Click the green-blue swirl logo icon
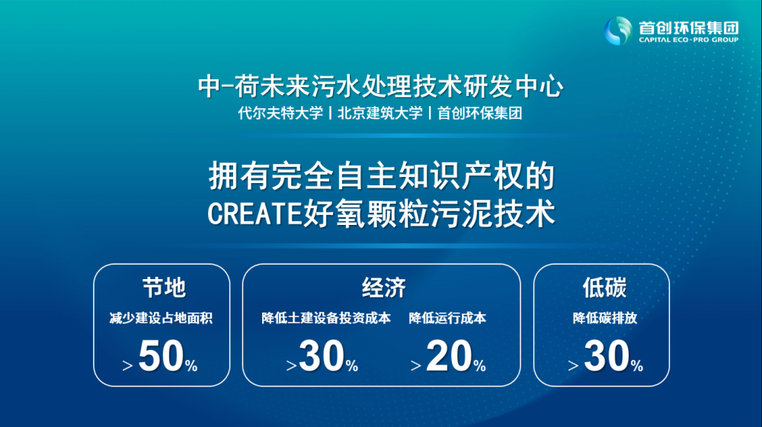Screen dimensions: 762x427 618,30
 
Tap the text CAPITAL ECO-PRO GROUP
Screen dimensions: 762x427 689,40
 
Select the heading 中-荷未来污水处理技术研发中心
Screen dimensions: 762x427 380,87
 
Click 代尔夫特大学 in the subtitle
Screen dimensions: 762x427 280,114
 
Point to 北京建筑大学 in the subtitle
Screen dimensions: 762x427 380,114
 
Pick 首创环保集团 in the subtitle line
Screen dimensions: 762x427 479,114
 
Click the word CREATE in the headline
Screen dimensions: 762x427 255,214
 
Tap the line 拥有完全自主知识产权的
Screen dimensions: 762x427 382,176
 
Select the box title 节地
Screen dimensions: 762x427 164,287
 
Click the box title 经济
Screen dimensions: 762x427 383,287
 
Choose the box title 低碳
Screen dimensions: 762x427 604,287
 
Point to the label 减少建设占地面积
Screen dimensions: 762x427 161,319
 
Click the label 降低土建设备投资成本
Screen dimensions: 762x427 326,319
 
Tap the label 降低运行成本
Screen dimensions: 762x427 447,319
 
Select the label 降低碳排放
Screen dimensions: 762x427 604,319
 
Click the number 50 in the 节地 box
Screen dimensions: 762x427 161,356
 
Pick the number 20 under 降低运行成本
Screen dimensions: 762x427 449,356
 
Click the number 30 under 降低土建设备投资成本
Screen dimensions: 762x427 322,356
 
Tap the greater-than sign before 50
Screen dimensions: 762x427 127,366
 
